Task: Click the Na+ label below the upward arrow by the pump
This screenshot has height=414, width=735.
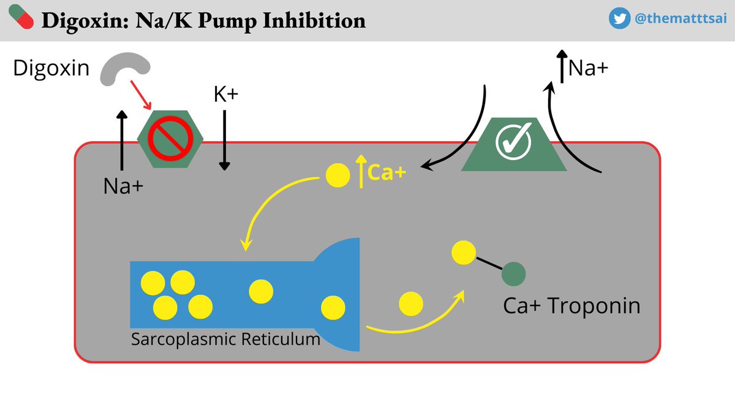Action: pos(123,185)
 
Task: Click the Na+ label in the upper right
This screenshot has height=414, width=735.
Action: pos(588,67)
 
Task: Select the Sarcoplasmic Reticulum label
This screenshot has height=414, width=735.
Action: pos(225,339)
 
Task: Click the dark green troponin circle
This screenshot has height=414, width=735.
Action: pos(513,274)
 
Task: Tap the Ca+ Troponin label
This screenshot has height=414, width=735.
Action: pos(571,305)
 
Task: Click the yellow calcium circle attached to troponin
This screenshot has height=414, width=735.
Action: pos(463,253)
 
